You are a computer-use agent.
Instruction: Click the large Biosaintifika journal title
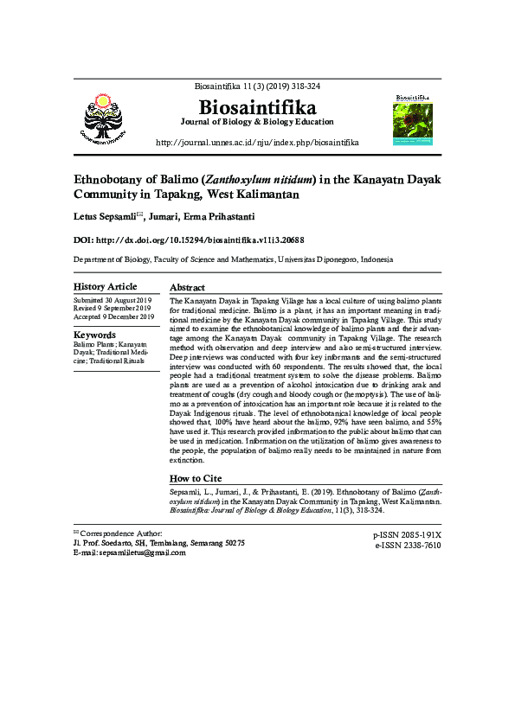coord(257,107)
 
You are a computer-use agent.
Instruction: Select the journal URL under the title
coord(257,142)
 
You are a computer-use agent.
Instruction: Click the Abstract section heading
coord(187,287)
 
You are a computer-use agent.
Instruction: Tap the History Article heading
coord(105,286)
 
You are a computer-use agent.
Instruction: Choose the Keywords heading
coord(94,335)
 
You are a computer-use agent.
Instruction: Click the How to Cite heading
coord(196,478)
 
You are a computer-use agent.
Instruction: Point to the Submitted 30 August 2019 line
coord(112,299)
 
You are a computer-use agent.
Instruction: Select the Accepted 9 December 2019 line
coord(113,316)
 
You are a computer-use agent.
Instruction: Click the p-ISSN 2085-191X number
coord(407,535)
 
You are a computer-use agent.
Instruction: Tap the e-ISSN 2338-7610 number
coord(408,546)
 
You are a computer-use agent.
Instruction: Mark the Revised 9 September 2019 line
coord(113,308)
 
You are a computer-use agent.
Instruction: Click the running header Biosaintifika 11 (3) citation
coord(257,86)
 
